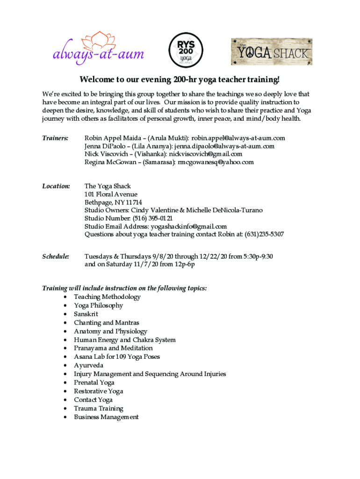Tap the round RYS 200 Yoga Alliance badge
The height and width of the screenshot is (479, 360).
click(186, 51)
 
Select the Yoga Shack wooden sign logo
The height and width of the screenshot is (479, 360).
click(271, 51)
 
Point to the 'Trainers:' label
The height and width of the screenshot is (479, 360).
click(56, 138)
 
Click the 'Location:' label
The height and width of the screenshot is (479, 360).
click(56, 186)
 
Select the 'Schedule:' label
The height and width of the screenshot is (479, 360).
click(56, 256)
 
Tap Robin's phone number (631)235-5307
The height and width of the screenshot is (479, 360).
click(264, 234)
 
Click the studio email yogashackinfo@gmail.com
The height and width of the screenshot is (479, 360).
click(188, 226)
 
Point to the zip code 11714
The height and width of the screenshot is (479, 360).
click(133, 203)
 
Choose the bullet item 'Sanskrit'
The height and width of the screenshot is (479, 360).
click(86, 314)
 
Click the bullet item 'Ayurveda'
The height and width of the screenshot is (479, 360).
click(88, 365)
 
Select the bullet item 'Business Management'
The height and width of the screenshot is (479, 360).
click(106, 417)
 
